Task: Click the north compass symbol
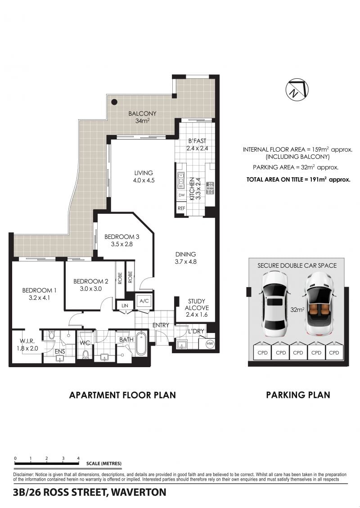pyautogui.click(x=297, y=90)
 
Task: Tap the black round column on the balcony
pyautogui.click(x=114, y=102)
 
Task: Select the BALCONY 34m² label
pyautogui.click(x=142, y=117)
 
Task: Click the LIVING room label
pyautogui.click(x=144, y=173)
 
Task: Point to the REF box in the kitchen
pyautogui.click(x=181, y=208)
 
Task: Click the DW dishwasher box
pyautogui.click(x=181, y=195)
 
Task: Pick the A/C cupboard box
pyautogui.click(x=144, y=301)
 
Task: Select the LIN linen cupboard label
pyautogui.click(x=125, y=306)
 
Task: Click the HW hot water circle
pyautogui.click(x=210, y=343)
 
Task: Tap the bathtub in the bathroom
pyautogui.click(x=141, y=343)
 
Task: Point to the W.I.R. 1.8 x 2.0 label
pyautogui.click(x=27, y=345)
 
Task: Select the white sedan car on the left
pyautogui.click(x=275, y=304)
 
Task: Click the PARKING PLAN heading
pyautogui.click(x=298, y=395)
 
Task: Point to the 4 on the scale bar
pyautogui.click(x=78, y=458)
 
